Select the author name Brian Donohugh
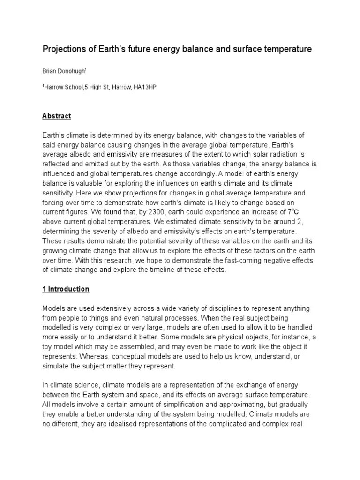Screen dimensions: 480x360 coord(64,71)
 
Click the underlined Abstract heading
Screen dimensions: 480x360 coord(56,116)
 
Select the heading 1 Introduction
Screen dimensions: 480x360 coord(66,289)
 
